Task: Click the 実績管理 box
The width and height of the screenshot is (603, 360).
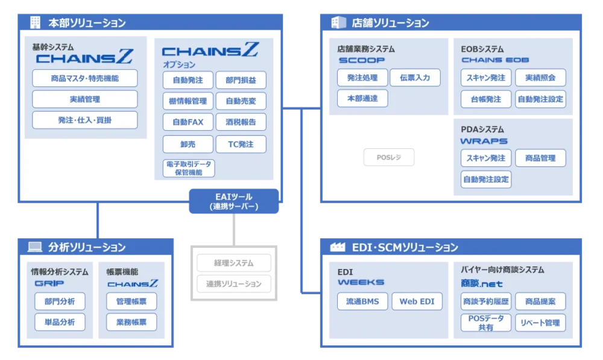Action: tap(84, 99)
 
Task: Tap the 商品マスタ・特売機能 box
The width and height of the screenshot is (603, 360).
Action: tap(84, 78)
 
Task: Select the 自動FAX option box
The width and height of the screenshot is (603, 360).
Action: tap(188, 122)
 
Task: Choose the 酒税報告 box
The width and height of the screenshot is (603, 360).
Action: tap(241, 122)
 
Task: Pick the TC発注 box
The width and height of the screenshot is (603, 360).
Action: tap(241, 144)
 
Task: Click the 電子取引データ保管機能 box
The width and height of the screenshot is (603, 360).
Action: tap(188, 168)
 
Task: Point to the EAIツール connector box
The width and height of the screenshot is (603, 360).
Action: tap(235, 201)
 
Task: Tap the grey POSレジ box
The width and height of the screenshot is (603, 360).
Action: tap(388, 158)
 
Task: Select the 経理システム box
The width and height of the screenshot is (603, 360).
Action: tap(234, 263)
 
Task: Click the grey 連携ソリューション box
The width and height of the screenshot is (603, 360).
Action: tap(234, 283)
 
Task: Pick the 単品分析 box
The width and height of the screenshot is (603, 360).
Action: tap(59, 322)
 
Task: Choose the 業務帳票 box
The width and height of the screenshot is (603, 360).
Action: tap(131, 322)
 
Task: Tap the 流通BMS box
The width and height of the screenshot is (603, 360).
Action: tap(362, 302)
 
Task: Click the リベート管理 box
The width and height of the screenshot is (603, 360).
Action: tap(540, 323)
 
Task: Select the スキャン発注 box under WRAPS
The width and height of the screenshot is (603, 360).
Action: tap(485, 158)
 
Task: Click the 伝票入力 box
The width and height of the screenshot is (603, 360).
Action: tap(415, 78)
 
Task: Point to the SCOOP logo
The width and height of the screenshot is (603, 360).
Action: tap(361, 60)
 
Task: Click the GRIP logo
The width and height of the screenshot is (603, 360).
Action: tap(49, 283)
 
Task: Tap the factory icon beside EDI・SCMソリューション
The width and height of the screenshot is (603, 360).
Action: tap(338, 247)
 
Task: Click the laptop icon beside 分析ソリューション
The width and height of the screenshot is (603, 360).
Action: tap(35, 247)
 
